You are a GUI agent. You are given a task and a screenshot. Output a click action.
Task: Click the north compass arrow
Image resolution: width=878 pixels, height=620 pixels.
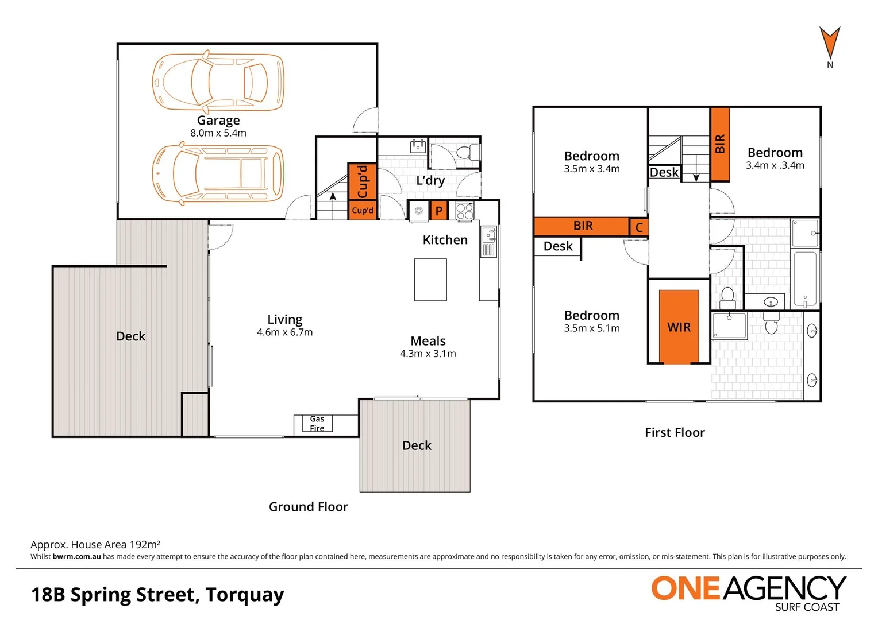point(830,42)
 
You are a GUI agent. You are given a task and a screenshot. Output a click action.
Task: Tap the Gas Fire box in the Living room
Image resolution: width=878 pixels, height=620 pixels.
point(317,424)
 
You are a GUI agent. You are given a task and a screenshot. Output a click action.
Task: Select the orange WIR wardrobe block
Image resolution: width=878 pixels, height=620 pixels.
point(679,327)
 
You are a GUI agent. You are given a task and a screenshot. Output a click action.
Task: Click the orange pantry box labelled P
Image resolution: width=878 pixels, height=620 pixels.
point(439,211)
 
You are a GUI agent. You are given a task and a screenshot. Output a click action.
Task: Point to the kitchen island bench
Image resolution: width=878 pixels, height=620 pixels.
point(430,280)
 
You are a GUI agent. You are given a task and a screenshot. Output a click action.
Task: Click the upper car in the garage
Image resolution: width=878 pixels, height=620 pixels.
point(218,82)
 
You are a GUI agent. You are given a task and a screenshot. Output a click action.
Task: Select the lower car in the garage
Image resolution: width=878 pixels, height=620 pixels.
point(218,173)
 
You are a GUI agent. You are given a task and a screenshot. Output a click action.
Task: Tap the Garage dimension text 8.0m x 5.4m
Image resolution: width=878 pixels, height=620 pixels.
point(218,133)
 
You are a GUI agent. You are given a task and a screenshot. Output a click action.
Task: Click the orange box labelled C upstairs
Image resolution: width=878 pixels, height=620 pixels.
point(639,227)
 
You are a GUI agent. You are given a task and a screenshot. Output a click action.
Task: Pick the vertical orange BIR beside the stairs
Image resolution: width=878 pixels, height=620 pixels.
point(720,144)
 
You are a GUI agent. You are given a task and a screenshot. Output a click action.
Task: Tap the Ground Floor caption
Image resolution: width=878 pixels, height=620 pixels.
point(308,507)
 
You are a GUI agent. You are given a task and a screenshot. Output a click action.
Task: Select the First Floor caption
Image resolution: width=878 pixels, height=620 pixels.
point(675,433)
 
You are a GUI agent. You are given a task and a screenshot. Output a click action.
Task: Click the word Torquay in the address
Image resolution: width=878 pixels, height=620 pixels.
point(245,595)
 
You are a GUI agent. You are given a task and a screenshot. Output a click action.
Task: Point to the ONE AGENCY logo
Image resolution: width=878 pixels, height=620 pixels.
point(748,592)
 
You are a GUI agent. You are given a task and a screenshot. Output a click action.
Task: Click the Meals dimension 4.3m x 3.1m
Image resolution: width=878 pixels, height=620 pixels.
point(428,354)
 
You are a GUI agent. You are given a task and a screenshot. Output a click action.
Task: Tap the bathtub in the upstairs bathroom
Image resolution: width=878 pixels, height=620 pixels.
point(805,279)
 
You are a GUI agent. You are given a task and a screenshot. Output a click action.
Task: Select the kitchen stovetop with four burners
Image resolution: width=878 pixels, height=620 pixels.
point(465,211)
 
